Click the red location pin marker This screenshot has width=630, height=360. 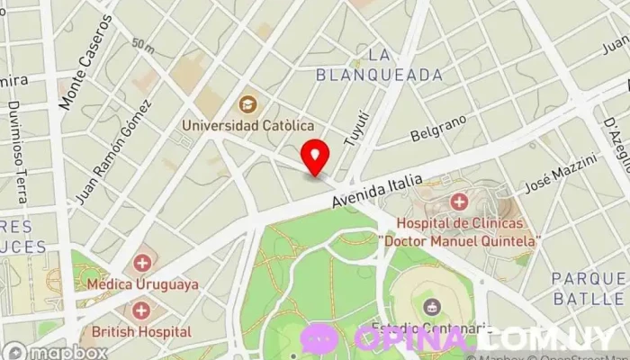point(315,156)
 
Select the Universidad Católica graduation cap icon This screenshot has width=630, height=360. point(247,104)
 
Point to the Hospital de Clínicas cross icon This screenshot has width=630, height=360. point(459,202)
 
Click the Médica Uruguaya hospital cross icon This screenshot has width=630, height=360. point(142,264)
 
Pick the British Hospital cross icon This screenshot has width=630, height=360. point(141,311)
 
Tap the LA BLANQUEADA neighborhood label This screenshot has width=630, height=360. point(379,65)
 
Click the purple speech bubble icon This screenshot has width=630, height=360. point(319,337)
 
